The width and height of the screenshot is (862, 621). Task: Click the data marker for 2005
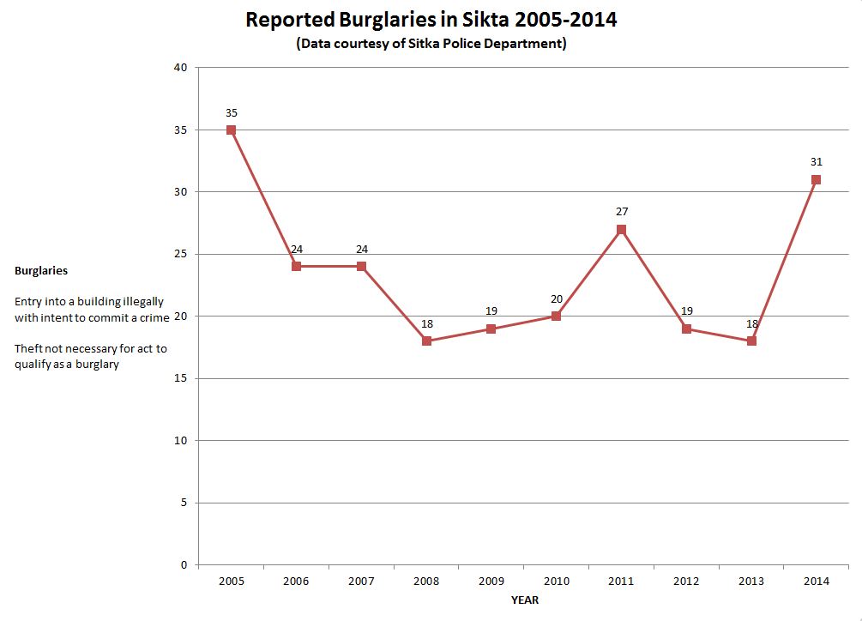coord(231,130)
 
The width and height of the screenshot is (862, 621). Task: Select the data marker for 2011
coord(621,229)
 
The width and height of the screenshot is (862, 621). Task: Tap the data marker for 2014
coord(816,180)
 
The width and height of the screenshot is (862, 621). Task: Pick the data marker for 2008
coord(426,341)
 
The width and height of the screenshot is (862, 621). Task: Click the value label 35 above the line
coord(232,112)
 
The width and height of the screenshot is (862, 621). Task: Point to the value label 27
coord(622,211)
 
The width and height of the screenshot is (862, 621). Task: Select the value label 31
coord(816,161)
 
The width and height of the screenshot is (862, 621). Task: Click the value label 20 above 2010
coord(556,298)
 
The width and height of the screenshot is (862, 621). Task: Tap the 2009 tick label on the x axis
coord(491,582)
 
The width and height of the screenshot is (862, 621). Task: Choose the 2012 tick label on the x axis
coord(686,582)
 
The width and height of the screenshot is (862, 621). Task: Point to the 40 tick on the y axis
coord(181,68)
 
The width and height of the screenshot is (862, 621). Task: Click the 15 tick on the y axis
coord(181,378)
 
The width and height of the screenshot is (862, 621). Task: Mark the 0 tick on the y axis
coord(184,565)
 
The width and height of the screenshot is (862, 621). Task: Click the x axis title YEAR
coord(525,600)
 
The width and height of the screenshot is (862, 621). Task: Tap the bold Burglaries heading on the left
coord(41,270)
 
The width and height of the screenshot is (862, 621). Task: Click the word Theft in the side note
coord(28,348)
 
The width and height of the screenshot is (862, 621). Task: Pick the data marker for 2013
coord(751,341)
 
